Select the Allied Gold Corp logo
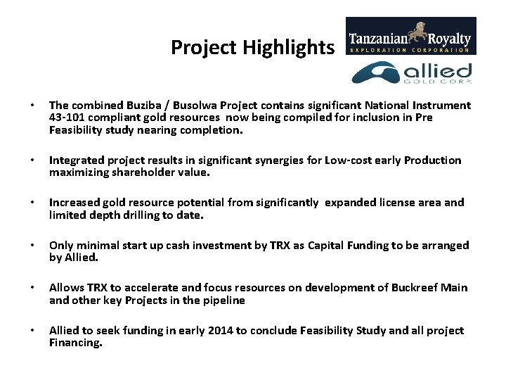(411, 73)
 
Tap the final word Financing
(75, 343)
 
